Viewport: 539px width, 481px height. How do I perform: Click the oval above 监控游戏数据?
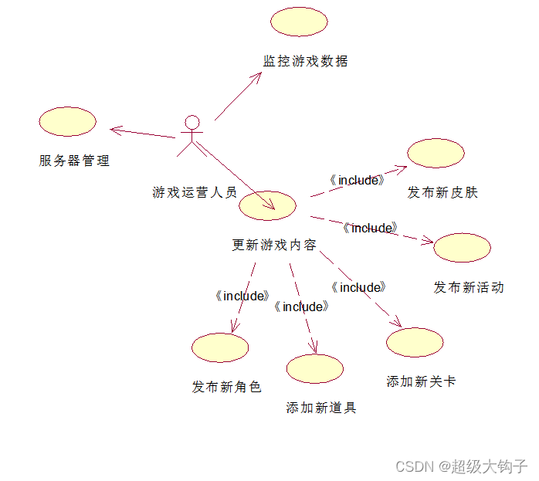point(299,22)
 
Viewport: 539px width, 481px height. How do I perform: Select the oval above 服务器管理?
point(67,122)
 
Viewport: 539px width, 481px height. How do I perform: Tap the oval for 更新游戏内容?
point(268,205)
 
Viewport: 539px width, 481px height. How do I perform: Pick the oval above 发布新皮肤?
point(436,153)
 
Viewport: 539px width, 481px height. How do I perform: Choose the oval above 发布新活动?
point(462,247)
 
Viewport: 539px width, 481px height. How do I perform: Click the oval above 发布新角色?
point(220,347)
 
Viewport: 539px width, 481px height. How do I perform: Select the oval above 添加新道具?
point(314,368)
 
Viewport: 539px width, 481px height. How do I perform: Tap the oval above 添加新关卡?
point(415,342)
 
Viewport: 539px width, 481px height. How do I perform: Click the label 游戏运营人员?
point(195,192)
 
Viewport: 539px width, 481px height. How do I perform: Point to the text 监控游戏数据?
point(306,61)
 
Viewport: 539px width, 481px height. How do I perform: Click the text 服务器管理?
point(74,161)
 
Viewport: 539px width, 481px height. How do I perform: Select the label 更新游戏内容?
point(274,246)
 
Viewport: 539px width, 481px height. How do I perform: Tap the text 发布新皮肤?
point(442,192)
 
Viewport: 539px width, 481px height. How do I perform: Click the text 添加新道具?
point(321,408)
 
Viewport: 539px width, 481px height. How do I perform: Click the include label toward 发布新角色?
point(242,296)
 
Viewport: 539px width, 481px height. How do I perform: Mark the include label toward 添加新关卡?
point(358,287)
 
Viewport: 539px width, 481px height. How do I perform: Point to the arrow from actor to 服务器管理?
point(144,133)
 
